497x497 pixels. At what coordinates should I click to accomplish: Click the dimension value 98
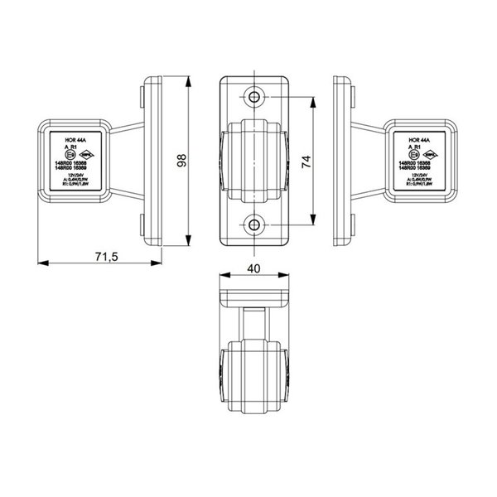[182, 161]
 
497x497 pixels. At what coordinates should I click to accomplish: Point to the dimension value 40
[254, 269]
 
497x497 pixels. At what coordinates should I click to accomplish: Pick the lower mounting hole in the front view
[254, 223]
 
